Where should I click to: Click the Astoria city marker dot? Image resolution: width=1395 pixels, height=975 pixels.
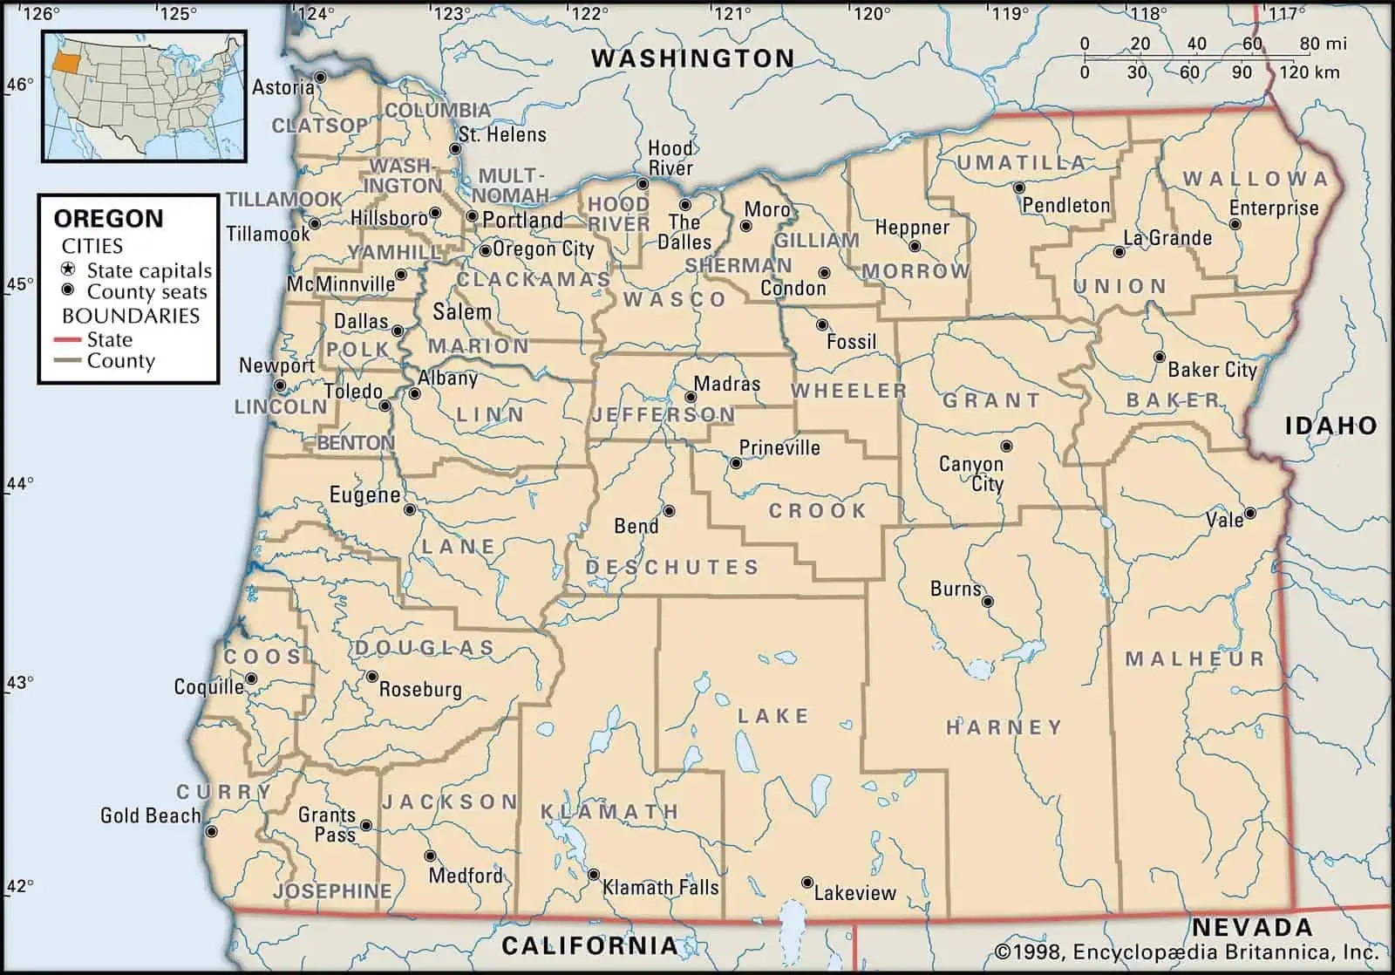tap(320, 78)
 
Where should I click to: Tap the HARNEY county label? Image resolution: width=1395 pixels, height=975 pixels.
tap(1004, 726)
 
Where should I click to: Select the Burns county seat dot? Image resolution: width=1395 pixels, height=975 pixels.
tap(988, 602)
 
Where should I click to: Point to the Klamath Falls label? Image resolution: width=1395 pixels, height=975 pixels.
tap(661, 888)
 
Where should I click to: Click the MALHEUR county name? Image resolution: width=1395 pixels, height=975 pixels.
tap(1194, 659)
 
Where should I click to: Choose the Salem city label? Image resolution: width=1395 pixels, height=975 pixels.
tap(462, 311)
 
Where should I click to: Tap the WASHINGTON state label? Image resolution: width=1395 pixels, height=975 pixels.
tap(692, 58)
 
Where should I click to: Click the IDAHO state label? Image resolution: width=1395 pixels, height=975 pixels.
tap(1330, 426)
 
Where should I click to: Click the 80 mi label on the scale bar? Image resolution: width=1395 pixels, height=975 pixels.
tap(1323, 44)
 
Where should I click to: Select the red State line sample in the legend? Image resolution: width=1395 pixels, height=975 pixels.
tap(68, 339)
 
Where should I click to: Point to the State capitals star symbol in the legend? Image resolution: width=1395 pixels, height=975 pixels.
tap(68, 269)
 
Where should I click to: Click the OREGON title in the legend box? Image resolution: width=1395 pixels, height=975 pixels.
tap(108, 218)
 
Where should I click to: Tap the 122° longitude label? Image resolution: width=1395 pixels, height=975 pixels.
tap(589, 13)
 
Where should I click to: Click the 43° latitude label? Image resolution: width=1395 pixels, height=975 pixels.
tap(19, 682)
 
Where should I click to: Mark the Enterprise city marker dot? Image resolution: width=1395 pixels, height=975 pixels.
tap(1235, 224)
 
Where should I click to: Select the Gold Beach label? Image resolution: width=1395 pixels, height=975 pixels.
tap(150, 815)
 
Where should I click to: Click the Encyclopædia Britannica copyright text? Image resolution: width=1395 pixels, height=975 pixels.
tap(1186, 951)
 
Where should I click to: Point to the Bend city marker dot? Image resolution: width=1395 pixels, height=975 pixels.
tap(669, 511)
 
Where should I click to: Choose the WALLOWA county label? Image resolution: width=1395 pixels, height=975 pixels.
tap(1255, 179)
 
